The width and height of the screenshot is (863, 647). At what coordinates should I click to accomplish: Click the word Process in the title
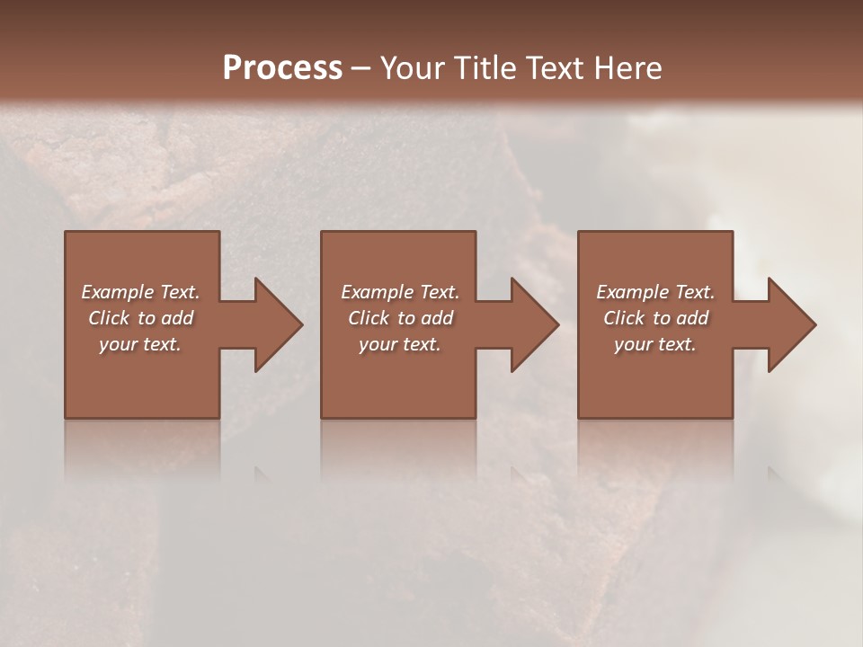[282, 67]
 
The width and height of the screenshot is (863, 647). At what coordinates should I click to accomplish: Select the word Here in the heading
[627, 67]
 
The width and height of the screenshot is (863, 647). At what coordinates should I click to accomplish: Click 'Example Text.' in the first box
[140, 292]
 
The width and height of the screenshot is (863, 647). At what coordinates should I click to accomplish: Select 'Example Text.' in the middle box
[400, 292]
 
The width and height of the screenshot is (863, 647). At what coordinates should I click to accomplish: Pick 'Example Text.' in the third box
[655, 292]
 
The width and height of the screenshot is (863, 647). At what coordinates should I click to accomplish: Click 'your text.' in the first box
[140, 344]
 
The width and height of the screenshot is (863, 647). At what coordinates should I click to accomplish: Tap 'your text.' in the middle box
[400, 344]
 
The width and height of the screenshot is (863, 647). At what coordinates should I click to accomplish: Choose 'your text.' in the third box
[655, 344]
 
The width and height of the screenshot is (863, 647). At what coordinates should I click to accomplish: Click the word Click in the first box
[109, 318]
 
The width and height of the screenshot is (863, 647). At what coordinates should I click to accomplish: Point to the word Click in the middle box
[369, 318]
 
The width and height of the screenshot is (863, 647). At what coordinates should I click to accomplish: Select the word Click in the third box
[624, 318]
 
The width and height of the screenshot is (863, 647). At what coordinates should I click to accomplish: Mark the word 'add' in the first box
[178, 318]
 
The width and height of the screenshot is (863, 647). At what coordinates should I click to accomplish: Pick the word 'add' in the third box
[693, 318]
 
